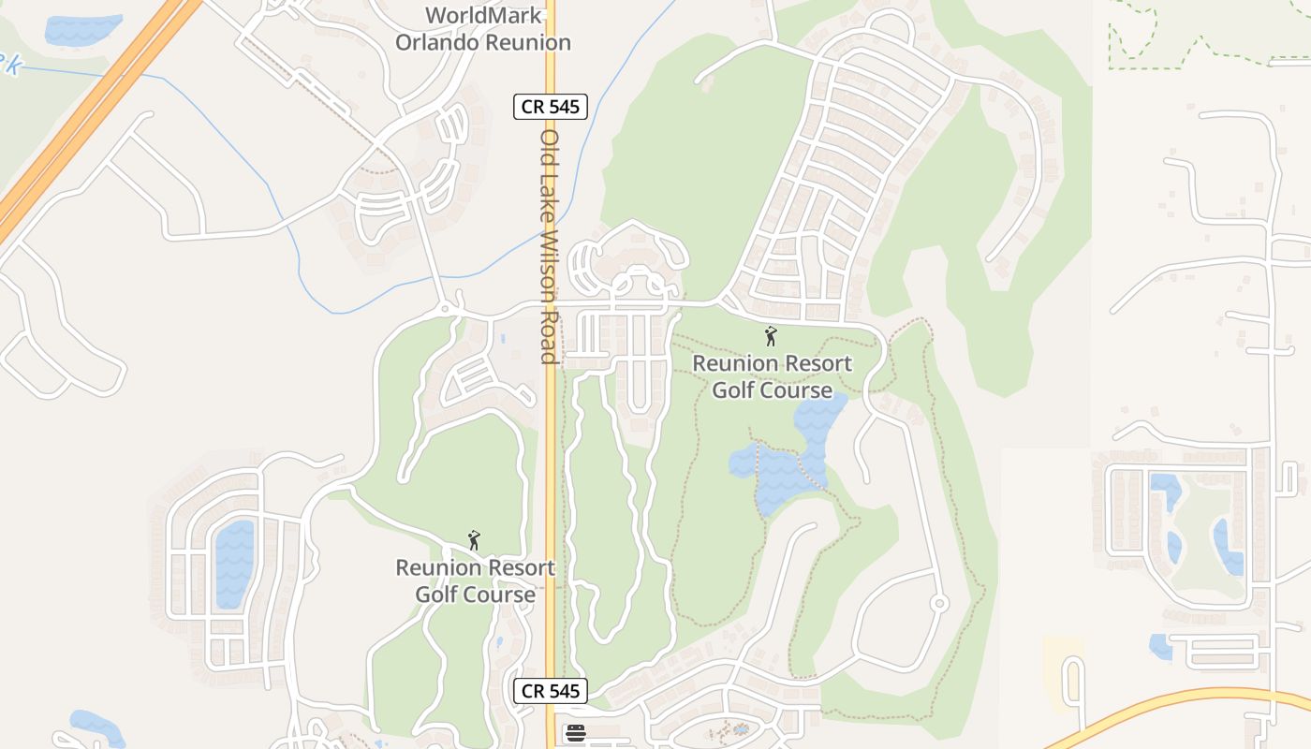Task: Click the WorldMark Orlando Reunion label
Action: click(x=483, y=29)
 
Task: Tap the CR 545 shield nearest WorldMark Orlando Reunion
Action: click(x=551, y=107)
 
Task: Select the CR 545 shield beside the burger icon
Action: click(x=551, y=692)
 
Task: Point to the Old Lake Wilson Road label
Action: click(x=550, y=245)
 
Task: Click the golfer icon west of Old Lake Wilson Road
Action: click(x=474, y=540)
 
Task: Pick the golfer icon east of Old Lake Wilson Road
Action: click(x=771, y=335)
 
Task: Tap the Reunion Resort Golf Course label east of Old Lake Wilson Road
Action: click(x=773, y=376)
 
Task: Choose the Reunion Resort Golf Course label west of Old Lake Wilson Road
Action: click(x=475, y=580)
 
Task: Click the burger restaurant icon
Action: click(x=575, y=733)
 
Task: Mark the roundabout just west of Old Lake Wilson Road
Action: click(x=445, y=309)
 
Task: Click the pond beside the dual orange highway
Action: click(x=82, y=29)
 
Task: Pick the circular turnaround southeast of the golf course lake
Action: click(x=939, y=604)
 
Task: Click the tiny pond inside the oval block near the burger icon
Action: click(x=740, y=728)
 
